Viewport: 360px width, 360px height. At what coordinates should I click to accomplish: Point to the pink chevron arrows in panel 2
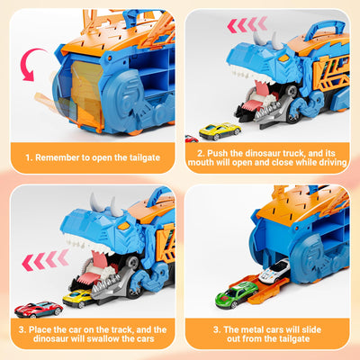click(247, 24)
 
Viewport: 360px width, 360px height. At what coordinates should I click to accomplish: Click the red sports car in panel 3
click(38, 310)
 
